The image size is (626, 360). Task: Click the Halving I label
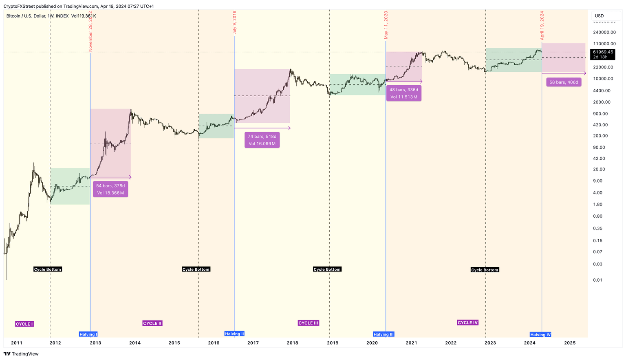coord(88,334)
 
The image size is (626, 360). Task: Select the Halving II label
coord(234,333)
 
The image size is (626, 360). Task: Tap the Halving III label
coord(384,334)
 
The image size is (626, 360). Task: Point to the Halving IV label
coord(540,335)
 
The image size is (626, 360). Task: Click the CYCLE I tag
coord(24,324)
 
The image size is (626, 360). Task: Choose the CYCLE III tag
coord(308,323)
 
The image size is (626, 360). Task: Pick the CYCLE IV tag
coord(467,322)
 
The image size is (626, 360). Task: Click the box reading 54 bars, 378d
coord(110,189)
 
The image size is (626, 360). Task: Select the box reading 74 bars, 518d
coord(262,140)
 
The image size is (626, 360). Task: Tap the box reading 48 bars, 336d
coord(403,93)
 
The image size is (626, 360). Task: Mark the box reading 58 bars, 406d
coord(564,82)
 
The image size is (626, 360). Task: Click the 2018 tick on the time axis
coord(292,343)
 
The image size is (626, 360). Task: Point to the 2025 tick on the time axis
coord(569,343)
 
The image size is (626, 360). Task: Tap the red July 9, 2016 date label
coord(234,23)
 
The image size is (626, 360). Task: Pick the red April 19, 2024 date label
coord(542,25)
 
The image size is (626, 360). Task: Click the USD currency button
coord(600,16)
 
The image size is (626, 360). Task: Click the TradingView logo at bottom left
coord(21,354)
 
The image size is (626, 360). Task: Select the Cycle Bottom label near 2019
coord(327,269)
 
